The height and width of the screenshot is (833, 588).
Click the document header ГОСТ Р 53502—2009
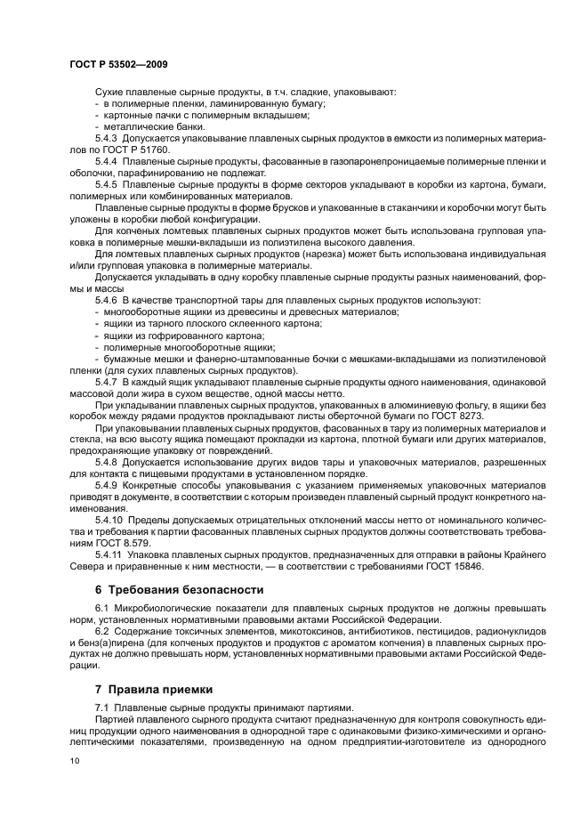click(117, 65)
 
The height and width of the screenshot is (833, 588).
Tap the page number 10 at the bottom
click(75, 760)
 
